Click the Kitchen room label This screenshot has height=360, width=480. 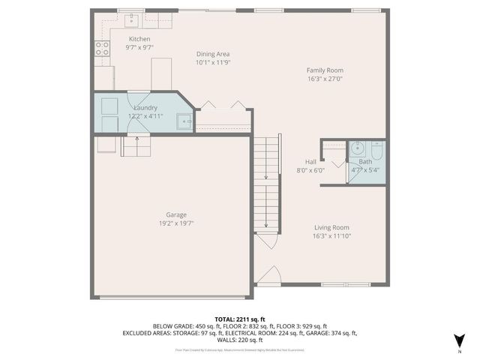[139, 39]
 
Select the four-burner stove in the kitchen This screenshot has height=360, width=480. [101, 49]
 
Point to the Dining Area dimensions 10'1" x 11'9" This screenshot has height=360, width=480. [213, 63]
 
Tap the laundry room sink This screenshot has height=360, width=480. [184, 119]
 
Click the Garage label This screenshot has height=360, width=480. [176, 214]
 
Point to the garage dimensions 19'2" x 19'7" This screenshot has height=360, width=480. [176, 223]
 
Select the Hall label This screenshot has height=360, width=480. [310, 161]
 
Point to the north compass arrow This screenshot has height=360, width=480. [460, 340]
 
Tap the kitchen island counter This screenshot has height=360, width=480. [162, 73]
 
